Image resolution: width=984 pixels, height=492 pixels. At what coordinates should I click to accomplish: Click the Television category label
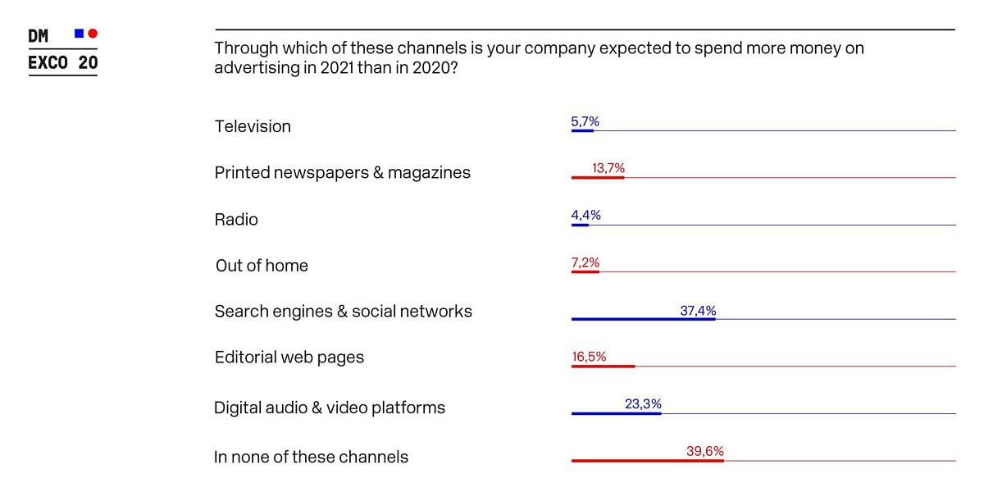click(253, 126)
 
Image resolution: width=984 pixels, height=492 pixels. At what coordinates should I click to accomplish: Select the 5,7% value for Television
click(585, 121)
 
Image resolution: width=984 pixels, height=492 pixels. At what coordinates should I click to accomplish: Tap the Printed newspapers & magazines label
click(342, 172)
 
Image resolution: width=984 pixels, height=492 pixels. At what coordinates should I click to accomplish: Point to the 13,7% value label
click(608, 168)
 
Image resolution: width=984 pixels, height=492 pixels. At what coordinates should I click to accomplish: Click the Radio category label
click(236, 219)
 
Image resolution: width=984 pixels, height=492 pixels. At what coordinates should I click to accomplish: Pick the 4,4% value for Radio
click(585, 215)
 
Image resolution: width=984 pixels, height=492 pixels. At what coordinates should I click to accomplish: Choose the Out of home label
click(262, 266)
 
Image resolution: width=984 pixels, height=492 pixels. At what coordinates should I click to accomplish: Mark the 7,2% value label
click(585, 262)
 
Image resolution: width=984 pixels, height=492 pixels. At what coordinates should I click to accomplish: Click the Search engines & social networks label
click(343, 312)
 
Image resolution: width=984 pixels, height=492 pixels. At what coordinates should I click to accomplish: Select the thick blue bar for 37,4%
click(643, 319)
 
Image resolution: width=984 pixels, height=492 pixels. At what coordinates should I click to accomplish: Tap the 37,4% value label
click(698, 311)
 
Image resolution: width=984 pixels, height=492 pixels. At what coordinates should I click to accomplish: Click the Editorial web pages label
click(289, 358)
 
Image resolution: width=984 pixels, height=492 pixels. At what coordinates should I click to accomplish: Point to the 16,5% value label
click(588, 357)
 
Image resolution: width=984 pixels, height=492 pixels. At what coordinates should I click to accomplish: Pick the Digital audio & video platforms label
click(329, 408)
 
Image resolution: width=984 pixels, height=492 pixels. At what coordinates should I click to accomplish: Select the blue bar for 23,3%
click(616, 413)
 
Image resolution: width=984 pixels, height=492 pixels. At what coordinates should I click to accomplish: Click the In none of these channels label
click(311, 457)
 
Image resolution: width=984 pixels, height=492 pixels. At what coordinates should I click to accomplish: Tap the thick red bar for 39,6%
click(647, 461)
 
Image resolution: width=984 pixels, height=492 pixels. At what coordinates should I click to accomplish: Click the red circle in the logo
click(93, 34)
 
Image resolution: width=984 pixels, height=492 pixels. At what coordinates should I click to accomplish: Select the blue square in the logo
click(79, 34)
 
